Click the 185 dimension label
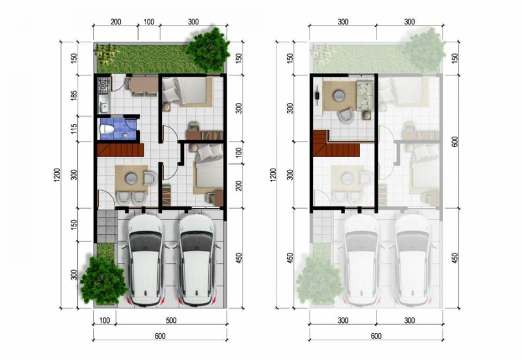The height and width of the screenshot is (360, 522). coord(74,96)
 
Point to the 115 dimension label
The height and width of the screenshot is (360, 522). coord(74,129)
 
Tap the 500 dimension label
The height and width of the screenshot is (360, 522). coord(171,321)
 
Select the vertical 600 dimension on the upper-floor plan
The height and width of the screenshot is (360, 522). coord(455,141)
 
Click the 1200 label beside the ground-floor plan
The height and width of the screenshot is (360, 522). coord(57,175)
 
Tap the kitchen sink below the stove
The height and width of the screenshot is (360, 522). coord(104,105)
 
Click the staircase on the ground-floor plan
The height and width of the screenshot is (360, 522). coord(120,150)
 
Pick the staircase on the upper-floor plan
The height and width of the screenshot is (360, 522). coord(336,144)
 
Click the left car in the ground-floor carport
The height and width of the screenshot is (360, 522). coord(146,260)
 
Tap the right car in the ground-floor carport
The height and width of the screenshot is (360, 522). coord(195,260)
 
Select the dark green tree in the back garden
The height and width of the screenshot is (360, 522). coord(208,50)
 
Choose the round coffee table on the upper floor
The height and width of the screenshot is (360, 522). coord(339,96)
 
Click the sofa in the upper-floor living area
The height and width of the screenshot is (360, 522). coord(365,95)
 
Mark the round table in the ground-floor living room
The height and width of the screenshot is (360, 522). coord(131,179)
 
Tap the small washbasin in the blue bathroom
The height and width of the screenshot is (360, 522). coord(125,136)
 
